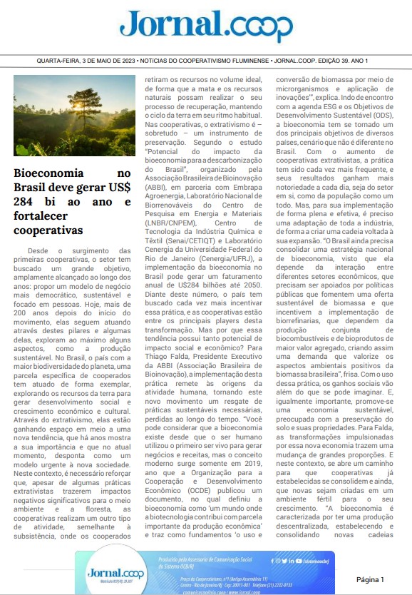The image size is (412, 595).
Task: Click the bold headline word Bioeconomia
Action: pyautogui.click(x=48, y=173)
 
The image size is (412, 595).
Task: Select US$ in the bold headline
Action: pyautogui.click(x=117, y=188)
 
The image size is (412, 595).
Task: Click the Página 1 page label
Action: pyautogui.click(x=370, y=559)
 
